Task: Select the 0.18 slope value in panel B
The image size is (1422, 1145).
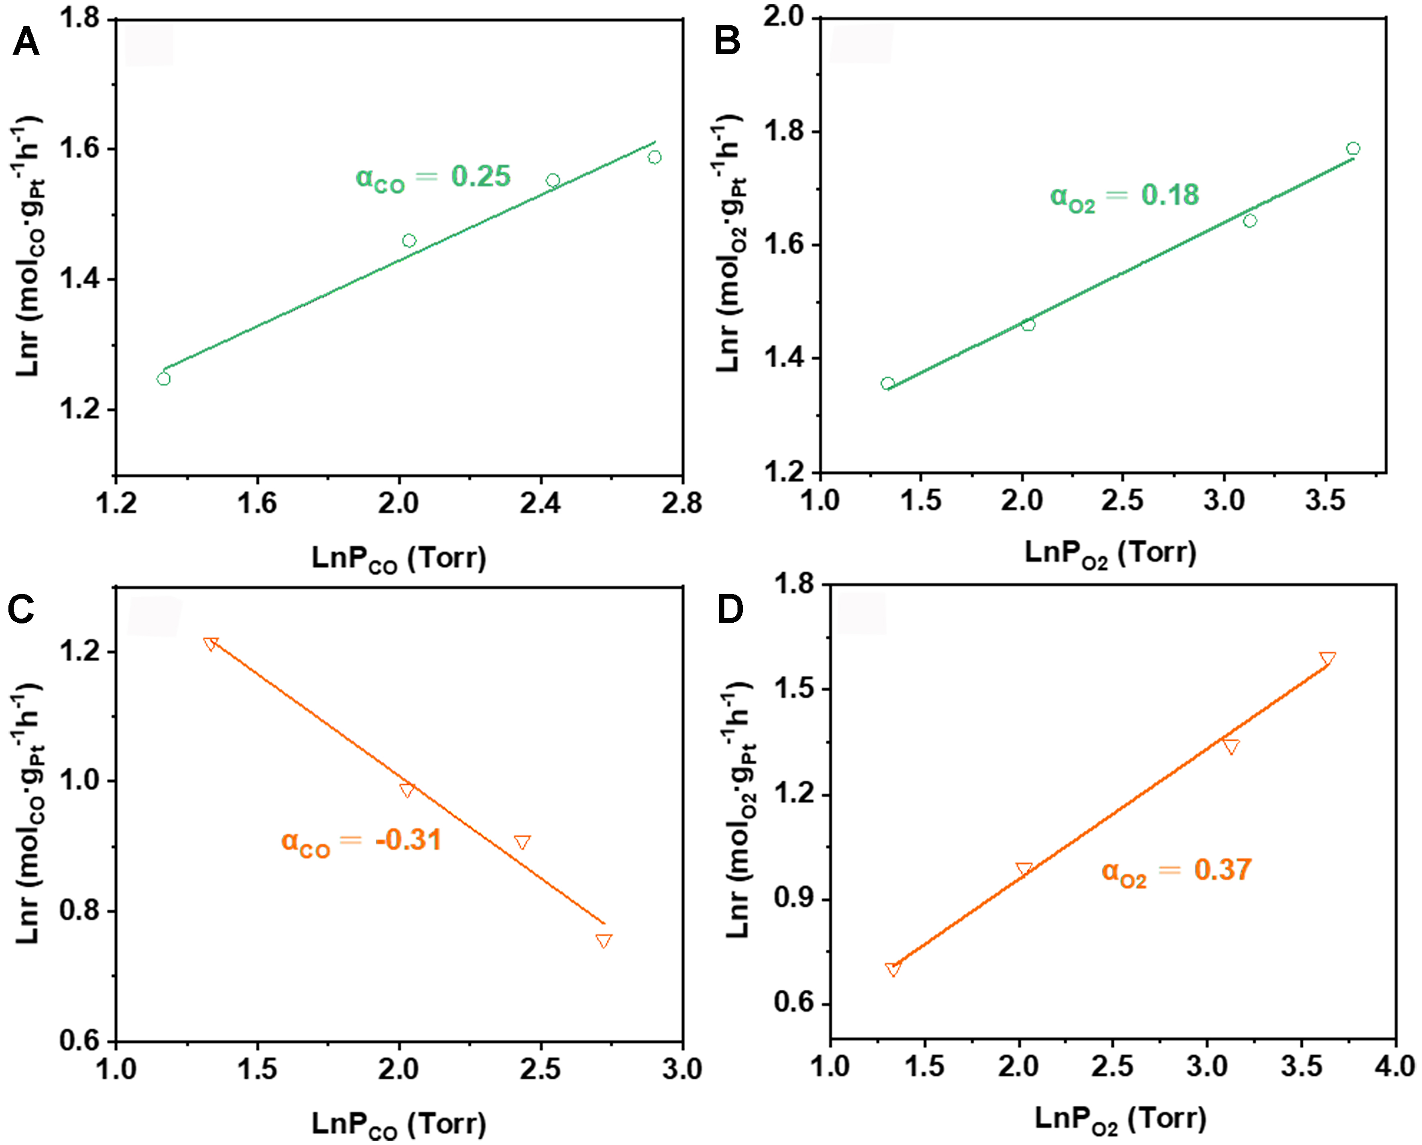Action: click(1170, 195)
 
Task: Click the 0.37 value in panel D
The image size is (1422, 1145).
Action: click(1222, 870)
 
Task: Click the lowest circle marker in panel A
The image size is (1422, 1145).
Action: click(164, 379)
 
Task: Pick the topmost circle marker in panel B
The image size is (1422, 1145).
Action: click(1353, 149)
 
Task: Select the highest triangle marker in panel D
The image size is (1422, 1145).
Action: click(1327, 658)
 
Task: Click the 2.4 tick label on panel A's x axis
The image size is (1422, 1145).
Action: click(539, 504)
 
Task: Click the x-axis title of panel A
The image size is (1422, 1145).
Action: click(399, 559)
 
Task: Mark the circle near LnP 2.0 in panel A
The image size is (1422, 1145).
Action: click(409, 241)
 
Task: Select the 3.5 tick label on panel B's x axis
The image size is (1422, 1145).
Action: click(1325, 501)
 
